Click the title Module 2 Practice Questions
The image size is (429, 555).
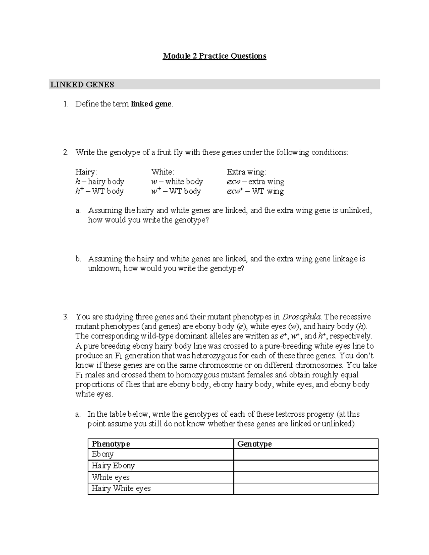click(x=214, y=56)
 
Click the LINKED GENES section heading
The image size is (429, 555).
click(x=82, y=85)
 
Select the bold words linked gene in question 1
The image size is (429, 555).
click(x=151, y=104)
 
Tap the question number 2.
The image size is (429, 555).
click(x=65, y=153)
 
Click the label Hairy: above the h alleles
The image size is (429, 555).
click(x=86, y=172)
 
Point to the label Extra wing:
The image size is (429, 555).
click(x=246, y=172)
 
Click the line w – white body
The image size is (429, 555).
click(x=177, y=182)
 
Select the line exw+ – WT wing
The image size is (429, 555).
click(x=255, y=191)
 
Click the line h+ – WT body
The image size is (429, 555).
click(x=99, y=191)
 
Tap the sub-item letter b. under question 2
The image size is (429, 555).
click(x=78, y=259)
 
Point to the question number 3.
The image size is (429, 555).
click(x=65, y=317)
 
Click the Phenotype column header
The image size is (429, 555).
click(x=110, y=444)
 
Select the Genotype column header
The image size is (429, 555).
click(x=254, y=444)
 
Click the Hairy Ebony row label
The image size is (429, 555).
click(x=113, y=466)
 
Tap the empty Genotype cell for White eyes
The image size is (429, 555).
click(x=306, y=477)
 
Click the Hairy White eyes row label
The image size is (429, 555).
click(x=121, y=489)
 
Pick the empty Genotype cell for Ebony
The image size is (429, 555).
click(x=306, y=454)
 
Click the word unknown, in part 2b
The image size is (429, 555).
click(x=105, y=268)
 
